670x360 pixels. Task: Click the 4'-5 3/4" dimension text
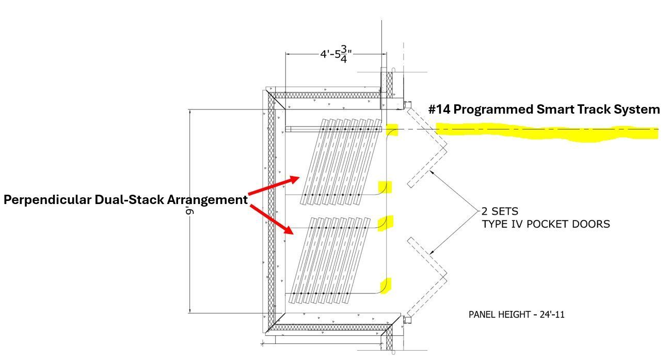click(x=336, y=54)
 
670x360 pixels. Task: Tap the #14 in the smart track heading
click(x=439, y=109)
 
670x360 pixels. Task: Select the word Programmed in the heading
click(x=493, y=110)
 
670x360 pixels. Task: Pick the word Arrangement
click(x=208, y=200)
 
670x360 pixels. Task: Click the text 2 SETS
click(x=500, y=211)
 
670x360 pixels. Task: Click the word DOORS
click(x=592, y=224)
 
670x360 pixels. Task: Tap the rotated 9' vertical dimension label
click(x=190, y=211)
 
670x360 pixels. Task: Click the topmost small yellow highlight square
click(x=392, y=130)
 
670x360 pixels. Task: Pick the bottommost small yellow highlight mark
click(x=386, y=286)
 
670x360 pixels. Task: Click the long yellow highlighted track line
click(x=547, y=132)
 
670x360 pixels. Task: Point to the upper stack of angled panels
click(x=341, y=162)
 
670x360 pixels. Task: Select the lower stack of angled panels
click(x=329, y=260)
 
